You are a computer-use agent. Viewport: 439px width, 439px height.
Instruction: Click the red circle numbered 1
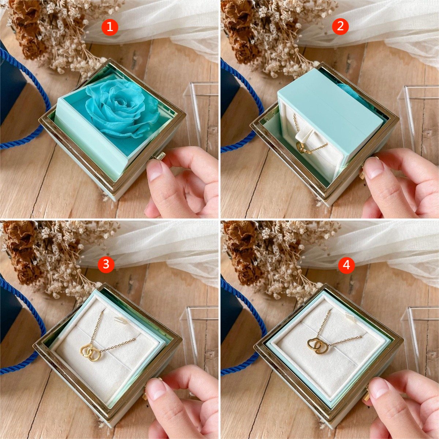click(110, 27)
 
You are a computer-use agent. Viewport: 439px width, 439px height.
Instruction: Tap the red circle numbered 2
click(340, 26)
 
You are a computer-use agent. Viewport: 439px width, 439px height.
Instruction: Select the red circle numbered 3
click(106, 264)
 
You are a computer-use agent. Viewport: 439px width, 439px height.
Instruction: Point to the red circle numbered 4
click(346, 265)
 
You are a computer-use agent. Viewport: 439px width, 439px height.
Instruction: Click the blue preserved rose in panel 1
click(122, 109)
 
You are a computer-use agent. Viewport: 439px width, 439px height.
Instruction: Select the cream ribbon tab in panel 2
click(302, 135)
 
